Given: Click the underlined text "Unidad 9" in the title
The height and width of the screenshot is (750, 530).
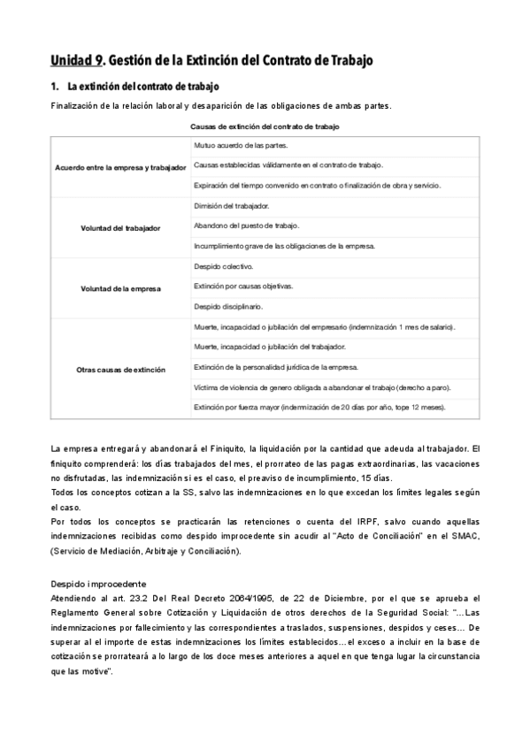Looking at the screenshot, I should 77,61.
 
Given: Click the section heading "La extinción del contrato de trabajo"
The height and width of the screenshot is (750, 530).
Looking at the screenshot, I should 142,87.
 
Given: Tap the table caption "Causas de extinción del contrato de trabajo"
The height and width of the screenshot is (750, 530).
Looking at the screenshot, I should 265,127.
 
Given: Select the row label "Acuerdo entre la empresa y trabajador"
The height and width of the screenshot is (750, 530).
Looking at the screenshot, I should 120,166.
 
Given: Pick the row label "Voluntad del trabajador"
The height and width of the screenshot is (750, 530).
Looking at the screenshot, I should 120,228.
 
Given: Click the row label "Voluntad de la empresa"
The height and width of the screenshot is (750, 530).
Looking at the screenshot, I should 120,287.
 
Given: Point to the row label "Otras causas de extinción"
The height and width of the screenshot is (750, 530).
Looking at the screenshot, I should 120,370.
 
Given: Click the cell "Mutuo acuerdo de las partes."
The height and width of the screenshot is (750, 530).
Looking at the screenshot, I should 240,145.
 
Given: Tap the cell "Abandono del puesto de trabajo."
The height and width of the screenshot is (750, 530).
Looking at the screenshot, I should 245,226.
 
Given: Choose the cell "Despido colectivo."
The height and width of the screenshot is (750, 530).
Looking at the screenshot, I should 223,265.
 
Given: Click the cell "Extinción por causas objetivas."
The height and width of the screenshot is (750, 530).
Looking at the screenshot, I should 242,287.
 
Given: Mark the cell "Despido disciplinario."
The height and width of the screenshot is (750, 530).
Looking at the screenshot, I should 227,307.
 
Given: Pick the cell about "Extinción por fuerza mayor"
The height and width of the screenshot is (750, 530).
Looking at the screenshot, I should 319,408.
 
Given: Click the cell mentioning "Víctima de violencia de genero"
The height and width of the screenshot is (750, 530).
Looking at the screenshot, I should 318,387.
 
